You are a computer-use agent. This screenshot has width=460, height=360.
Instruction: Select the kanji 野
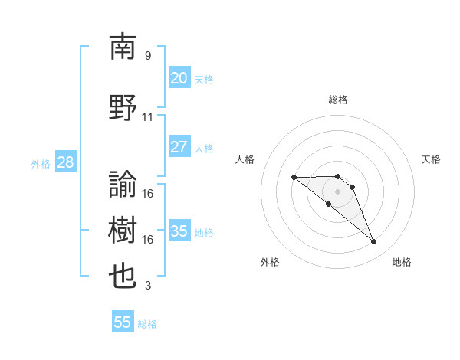click(x=123, y=108)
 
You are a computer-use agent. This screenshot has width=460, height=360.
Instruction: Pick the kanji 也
click(x=123, y=277)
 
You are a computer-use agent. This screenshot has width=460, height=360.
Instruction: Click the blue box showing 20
click(x=179, y=78)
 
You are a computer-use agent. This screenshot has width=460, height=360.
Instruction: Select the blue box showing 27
click(x=179, y=147)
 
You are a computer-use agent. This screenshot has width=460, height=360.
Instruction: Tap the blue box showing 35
click(x=179, y=231)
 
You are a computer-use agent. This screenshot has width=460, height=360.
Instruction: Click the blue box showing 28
click(x=64, y=162)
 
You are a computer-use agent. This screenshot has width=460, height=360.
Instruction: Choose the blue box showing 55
click(x=123, y=322)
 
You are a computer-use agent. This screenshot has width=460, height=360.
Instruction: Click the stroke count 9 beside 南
click(x=148, y=56)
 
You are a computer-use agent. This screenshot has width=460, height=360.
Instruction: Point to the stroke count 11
click(x=148, y=117)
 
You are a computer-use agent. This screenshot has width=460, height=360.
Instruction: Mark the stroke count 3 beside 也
click(x=148, y=286)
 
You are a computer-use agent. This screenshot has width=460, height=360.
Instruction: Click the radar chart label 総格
click(x=338, y=100)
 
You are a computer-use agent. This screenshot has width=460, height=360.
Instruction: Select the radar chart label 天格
click(x=431, y=159)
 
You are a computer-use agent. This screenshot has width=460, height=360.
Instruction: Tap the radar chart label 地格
click(x=402, y=262)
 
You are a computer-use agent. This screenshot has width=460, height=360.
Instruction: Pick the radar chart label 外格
click(x=270, y=262)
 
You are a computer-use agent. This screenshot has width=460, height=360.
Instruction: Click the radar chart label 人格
click(x=245, y=159)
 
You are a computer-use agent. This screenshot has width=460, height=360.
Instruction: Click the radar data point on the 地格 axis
click(x=374, y=242)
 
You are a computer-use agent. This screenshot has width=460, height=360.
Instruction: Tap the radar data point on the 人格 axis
click(x=294, y=178)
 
